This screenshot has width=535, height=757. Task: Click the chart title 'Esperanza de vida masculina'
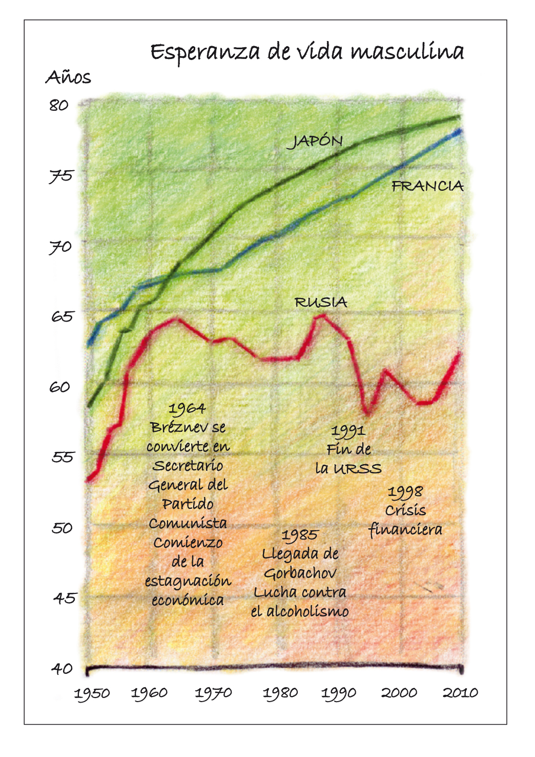coord(307,52)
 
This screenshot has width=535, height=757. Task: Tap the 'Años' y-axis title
coord(68,78)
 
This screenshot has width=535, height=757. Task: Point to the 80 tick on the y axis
coord(59,106)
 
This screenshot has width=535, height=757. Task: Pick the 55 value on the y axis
coord(63,457)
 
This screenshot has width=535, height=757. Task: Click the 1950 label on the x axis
coord(92,694)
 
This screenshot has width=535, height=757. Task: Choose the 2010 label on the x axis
coord(460,693)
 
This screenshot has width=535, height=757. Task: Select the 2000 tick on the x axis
coord(399,693)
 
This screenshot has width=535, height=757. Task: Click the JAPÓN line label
coord(315,141)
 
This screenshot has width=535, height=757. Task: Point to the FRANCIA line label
coord(427,186)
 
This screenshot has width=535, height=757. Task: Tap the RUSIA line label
coord(321,303)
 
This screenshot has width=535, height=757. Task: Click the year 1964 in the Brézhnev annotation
coord(187,409)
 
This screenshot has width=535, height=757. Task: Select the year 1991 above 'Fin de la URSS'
coord(348,431)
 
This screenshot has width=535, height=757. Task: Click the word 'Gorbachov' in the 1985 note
coord(300,573)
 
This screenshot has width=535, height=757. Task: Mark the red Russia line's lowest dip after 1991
coord(367,412)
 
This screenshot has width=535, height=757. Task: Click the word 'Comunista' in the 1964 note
coord(188,524)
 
